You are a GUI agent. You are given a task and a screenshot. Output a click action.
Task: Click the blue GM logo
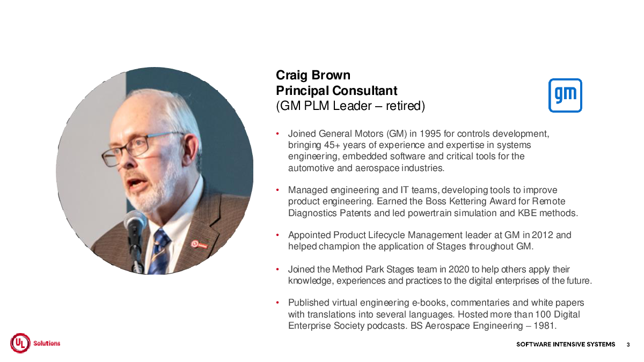(x=565, y=95)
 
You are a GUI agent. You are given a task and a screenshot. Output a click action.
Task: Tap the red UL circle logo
(x=20, y=343)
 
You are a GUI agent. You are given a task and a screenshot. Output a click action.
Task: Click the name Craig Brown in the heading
(x=313, y=75)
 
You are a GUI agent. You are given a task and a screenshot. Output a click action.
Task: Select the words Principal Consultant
(x=336, y=91)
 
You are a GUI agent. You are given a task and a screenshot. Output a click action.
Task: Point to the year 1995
(x=430, y=134)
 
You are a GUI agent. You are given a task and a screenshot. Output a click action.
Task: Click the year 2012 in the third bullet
(x=543, y=235)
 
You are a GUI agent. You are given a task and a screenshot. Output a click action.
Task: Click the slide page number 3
(x=628, y=344)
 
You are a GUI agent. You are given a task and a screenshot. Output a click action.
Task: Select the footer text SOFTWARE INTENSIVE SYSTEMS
(x=566, y=344)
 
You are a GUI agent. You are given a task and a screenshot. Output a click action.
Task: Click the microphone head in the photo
(x=135, y=221)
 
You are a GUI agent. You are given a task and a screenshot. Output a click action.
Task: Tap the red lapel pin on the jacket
(x=199, y=245)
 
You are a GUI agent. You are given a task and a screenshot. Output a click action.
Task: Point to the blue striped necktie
(x=159, y=251)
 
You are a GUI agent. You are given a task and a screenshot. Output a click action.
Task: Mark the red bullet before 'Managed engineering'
(x=277, y=190)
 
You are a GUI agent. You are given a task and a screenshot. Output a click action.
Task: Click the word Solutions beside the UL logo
(x=47, y=343)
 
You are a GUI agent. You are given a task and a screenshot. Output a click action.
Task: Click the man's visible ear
(x=191, y=150)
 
